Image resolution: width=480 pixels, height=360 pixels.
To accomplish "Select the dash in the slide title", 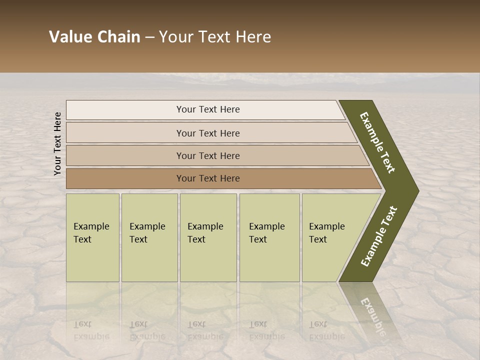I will pos(149,37).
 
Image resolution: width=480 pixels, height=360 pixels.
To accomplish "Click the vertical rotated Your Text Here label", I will pos(57,143).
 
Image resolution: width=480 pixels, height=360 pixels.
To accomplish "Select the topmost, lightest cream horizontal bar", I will pos(205,110).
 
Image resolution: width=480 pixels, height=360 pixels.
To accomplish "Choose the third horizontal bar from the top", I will pos(215,155).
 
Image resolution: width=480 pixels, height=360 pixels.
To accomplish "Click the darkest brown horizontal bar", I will pos(220,178).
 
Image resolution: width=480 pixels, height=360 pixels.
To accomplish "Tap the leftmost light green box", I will pos(92,237).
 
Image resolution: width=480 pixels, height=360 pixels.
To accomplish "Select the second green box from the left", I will pos(149,237).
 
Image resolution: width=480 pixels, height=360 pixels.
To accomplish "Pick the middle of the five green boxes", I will pos(208,237).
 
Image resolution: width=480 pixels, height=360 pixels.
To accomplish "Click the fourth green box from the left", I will pos(269,237).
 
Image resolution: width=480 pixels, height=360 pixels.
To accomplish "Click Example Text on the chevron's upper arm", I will pos(377,143).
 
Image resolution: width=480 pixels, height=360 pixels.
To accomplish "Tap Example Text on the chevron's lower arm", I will pos(378,236).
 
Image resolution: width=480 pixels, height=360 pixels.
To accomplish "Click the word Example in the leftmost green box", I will pos(91,226).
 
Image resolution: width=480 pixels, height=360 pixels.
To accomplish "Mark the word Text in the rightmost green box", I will pos(317,239).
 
